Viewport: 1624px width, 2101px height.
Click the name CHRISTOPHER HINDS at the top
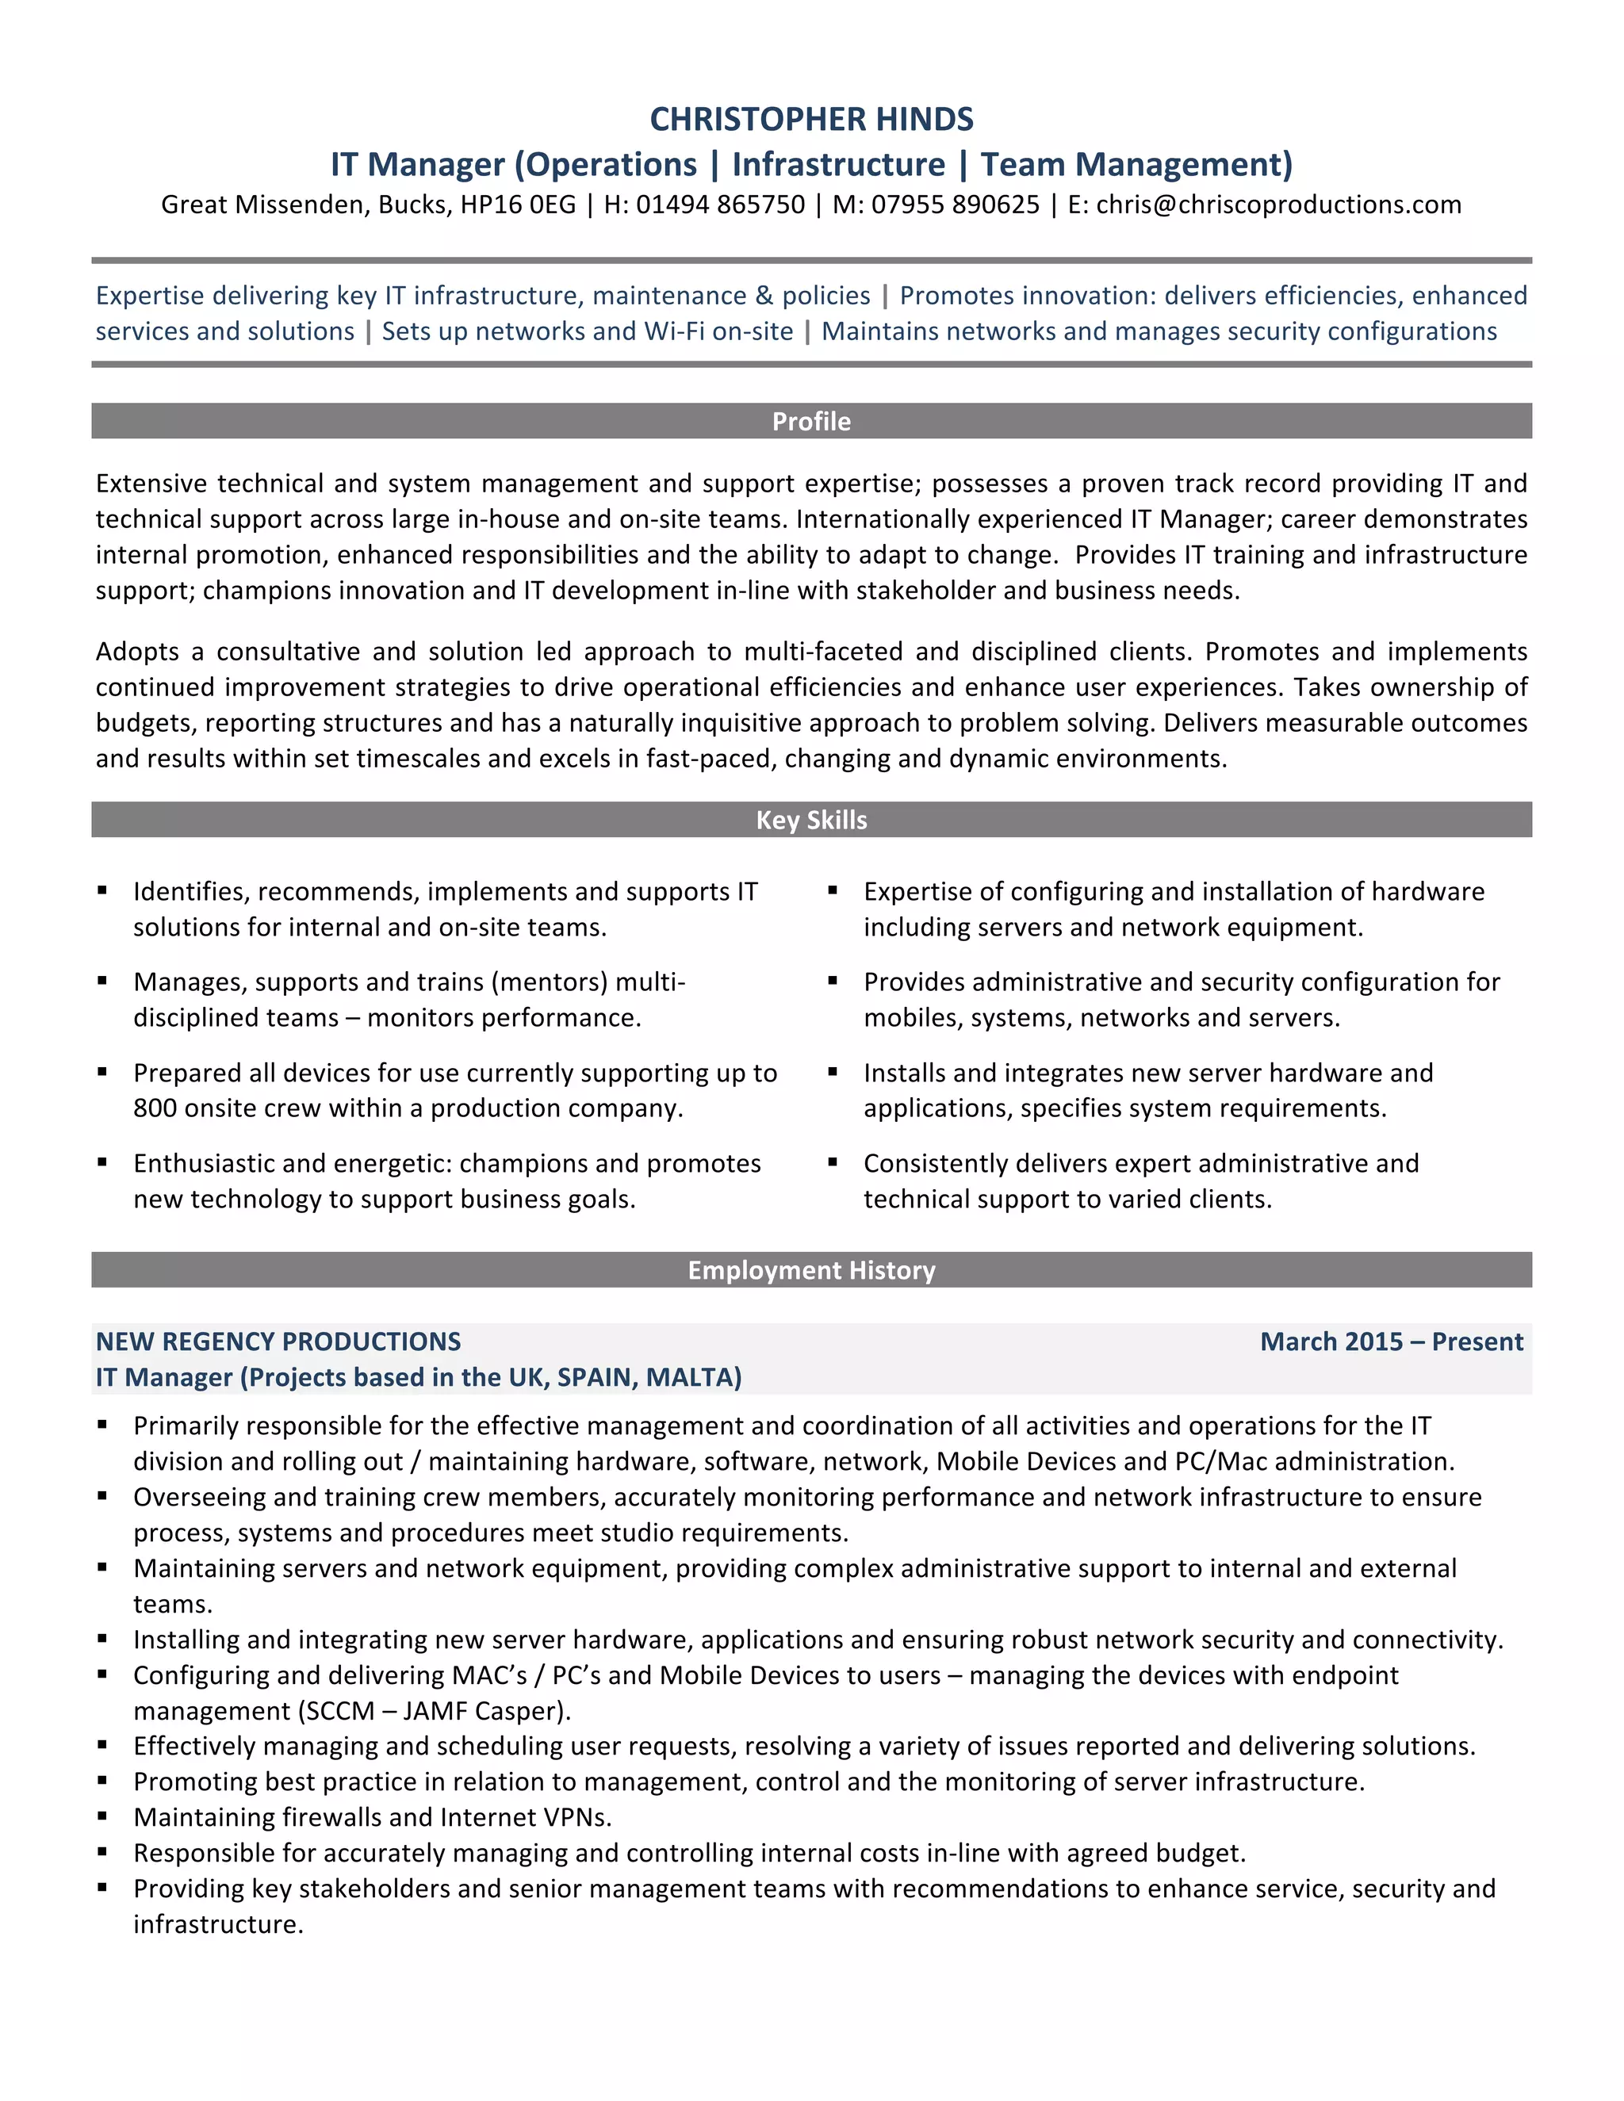click(x=811, y=119)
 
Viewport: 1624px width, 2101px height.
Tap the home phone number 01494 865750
click(x=720, y=205)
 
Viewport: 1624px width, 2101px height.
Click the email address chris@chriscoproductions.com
click(x=1277, y=205)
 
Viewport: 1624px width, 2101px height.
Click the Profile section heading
click(x=811, y=421)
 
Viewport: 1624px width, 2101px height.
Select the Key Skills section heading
click(x=811, y=820)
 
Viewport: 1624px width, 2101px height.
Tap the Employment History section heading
click(x=811, y=1270)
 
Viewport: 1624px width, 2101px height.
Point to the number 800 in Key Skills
click(x=155, y=1108)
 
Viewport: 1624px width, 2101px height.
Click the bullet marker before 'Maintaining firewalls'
click(x=102, y=1816)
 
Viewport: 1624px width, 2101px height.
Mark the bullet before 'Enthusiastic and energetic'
click(x=102, y=1162)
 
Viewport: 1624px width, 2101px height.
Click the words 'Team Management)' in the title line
click(x=1136, y=164)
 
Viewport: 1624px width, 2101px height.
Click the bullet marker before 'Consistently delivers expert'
click(x=833, y=1162)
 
